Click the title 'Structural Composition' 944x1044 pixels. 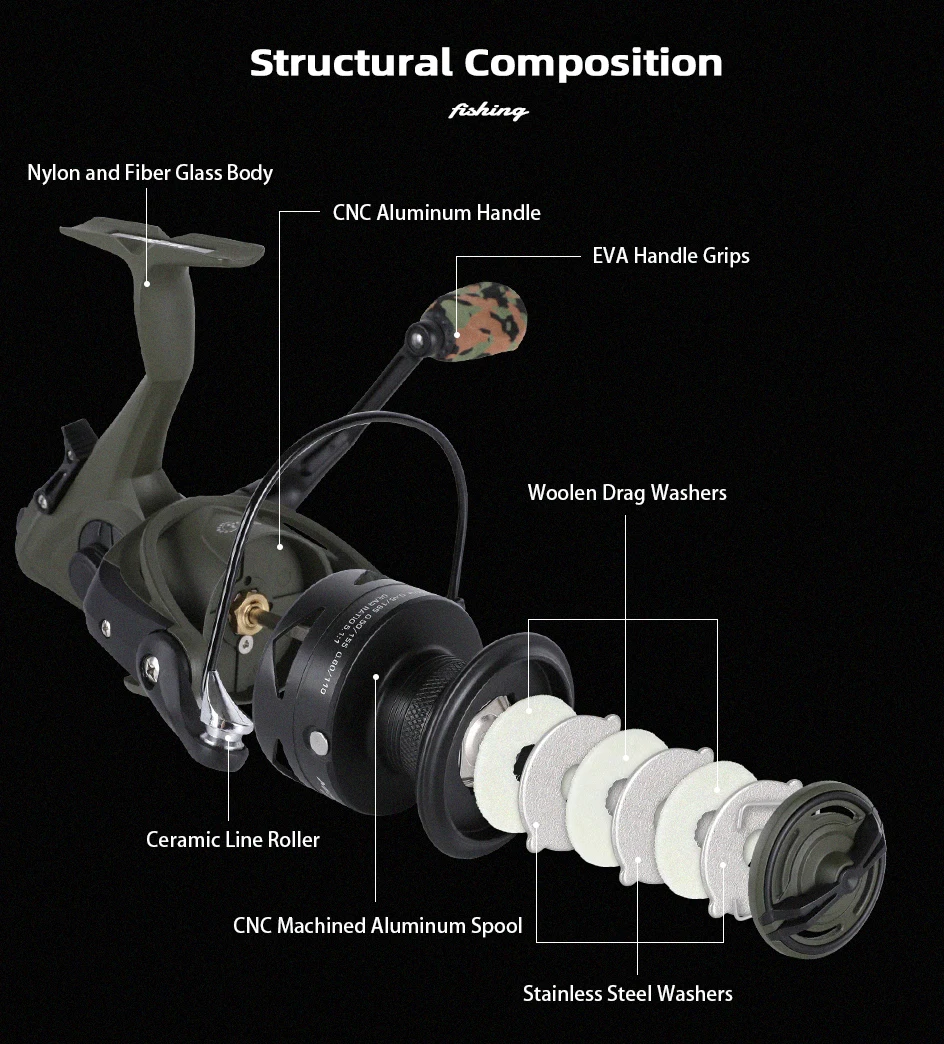(486, 63)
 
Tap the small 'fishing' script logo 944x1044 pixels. (488, 110)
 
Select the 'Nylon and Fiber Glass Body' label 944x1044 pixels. (150, 173)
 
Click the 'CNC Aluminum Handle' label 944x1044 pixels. (436, 213)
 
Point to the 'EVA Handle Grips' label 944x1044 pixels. (670, 256)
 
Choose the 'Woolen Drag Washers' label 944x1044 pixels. (627, 493)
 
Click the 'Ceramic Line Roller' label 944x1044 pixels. (233, 840)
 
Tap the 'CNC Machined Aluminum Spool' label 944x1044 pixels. (377, 926)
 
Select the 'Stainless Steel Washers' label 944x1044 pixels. (627, 994)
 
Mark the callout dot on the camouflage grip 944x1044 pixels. (457, 335)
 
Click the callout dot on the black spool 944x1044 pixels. (376, 677)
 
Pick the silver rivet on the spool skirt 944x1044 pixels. (318, 741)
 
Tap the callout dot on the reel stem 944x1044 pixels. (147, 284)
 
